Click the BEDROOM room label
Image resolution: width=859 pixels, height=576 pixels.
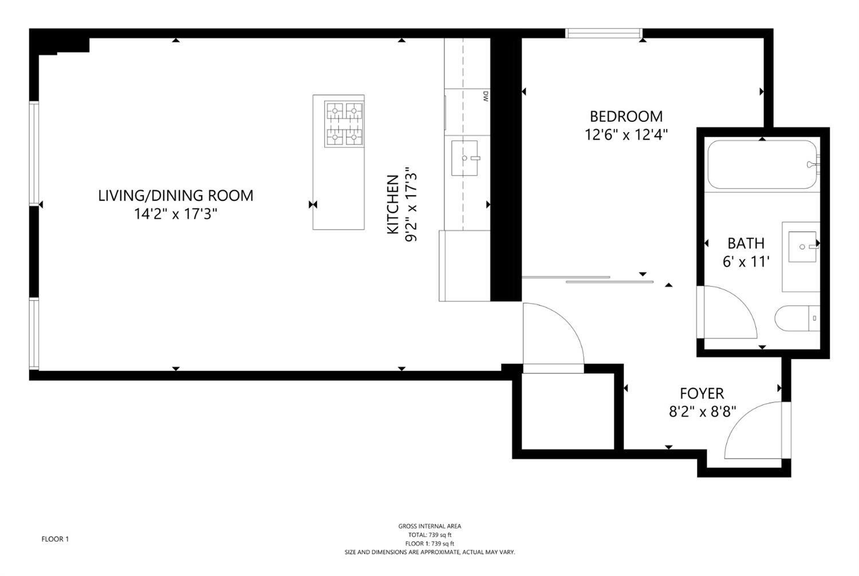[x=626, y=116]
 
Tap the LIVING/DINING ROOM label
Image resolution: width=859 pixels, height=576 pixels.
[x=175, y=195]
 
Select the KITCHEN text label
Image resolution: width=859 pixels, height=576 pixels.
[x=393, y=204]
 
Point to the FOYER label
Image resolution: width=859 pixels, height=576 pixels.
[x=702, y=393]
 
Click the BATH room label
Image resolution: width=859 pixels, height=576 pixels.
[x=746, y=243]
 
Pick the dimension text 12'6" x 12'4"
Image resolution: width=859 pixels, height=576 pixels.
[x=626, y=135]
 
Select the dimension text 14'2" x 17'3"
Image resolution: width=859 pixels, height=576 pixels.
[x=175, y=214]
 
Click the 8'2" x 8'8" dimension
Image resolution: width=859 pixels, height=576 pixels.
[x=702, y=412]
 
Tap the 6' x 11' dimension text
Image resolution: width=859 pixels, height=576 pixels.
[x=746, y=262]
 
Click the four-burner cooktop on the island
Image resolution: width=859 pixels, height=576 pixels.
[x=344, y=124]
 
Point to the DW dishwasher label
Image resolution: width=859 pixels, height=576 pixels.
[x=485, y=96]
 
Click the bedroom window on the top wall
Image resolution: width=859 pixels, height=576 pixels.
[x=604, y=33]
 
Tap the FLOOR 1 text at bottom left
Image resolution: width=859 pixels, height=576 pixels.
[x=55, y=539]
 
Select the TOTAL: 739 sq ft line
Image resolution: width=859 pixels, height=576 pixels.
[x=429, y=535]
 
